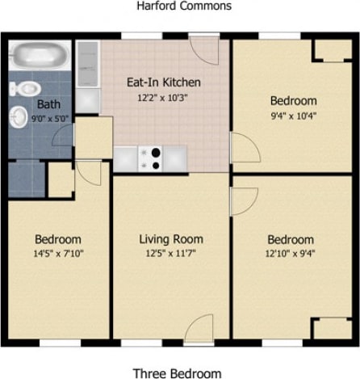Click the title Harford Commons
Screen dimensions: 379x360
point(183,6)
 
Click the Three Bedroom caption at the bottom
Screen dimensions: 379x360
point(177,373)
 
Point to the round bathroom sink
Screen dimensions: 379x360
point(19,118)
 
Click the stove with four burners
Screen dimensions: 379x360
point(150,158)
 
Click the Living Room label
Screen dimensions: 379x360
point(170,239)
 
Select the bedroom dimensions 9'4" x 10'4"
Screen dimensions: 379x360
point(292,116)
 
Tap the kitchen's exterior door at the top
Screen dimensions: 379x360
point(203,50)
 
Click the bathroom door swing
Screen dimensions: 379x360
point(63,136)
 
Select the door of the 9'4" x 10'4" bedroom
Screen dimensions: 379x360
point(243,148)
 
